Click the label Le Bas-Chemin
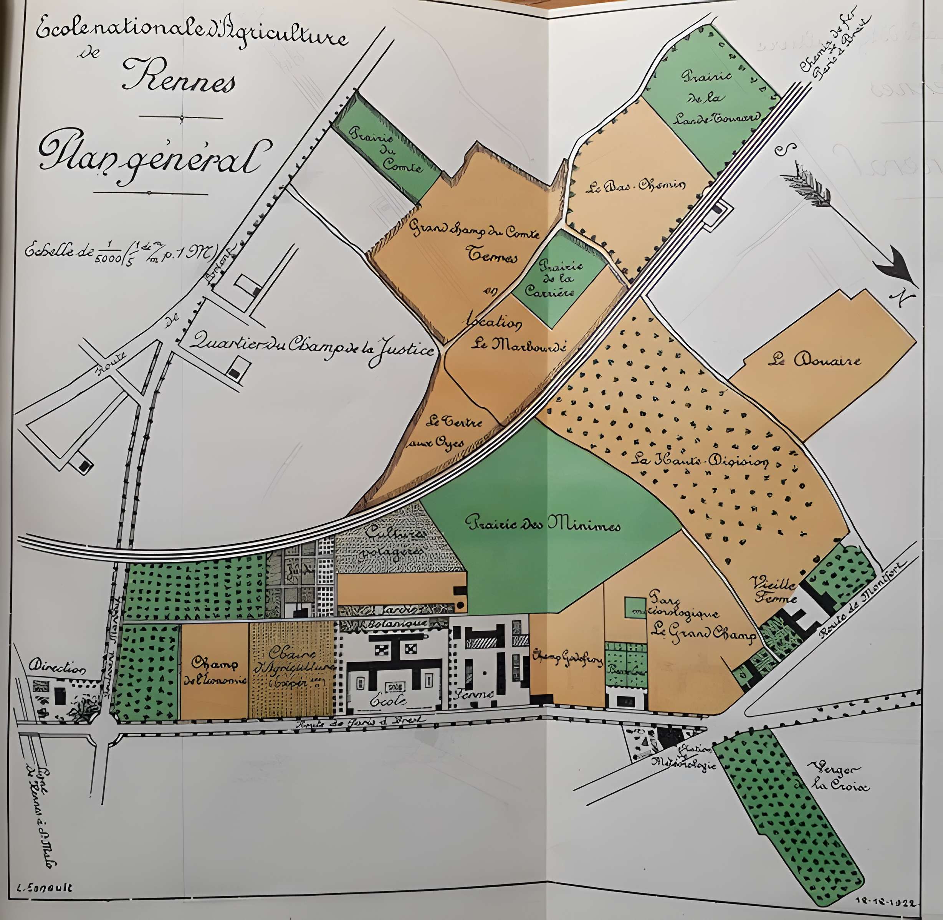[x=635, y=186]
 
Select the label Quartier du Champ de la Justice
[x=312, y=345]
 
